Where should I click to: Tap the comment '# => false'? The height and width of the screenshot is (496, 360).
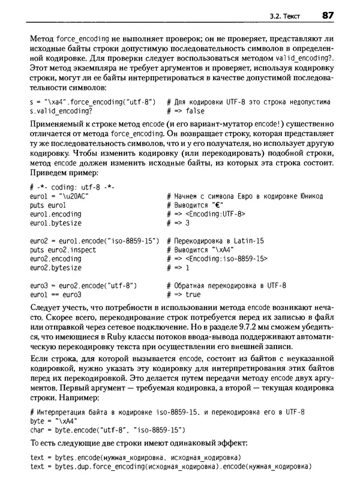click(185, 112)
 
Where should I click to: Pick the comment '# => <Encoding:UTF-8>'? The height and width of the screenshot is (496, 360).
click(206, 214)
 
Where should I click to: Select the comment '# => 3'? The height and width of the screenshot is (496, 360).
click(178, 223)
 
